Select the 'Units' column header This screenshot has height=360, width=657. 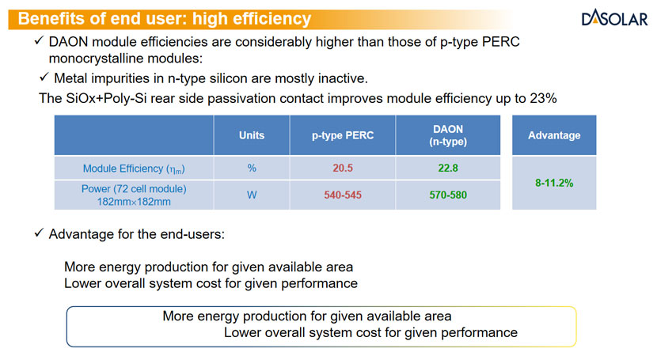pyautogui.click(x=252, y=135)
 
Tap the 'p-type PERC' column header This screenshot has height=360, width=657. pyautogui.click(x=343, y=135)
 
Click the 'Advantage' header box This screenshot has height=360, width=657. pyautogui.click(x=554, y=135)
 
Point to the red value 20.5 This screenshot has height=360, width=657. pyautogui.click(x=343, y=168)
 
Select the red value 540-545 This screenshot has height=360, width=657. pyautogui.click(x=343, y=195)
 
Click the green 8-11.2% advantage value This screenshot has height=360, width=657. pyautogui.click(x=554, y=183)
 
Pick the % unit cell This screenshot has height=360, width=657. pyautogui.click(x=252, y=168)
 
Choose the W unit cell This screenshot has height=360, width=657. pyautogui.click(x=252, y=195)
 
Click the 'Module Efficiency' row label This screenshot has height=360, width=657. pyautogui.click(x=134, y=169)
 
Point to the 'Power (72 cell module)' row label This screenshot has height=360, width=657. pyautogui.click(x=134, y=189)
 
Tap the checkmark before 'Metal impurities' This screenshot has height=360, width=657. pyautogui.click(x=45, y=78)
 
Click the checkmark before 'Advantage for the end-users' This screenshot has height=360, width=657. pyautogui.click(x=39, y=235)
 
